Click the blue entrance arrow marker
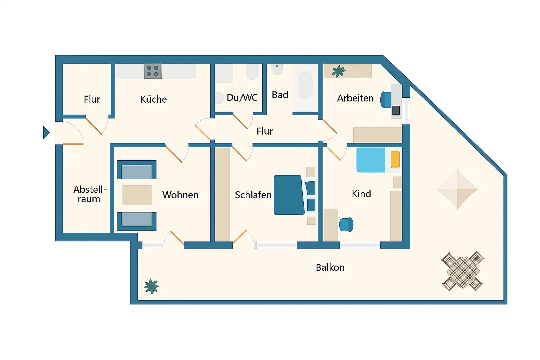[x=46, y=133]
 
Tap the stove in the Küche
[x=153, y=71]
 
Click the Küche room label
[x=154, y=99]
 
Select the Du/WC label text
[x=242, y=98]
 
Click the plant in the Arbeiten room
[x=339, y=71]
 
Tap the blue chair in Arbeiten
[x=385, y=99]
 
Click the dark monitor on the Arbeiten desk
[x=396, y=110]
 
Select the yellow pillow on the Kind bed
[x=395, y=159]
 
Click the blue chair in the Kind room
[x=346, y=225]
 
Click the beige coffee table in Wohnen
[x=136, y=195]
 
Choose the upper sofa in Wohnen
[x=137, y=170]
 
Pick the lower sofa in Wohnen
[x=137, y=221]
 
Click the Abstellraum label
[x=90, y=194]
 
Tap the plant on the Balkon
[x=152, y=286]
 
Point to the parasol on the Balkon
[x=457, y=189]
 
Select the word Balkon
[x=330, y=268]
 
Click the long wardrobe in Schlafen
[x=222, y=194]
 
